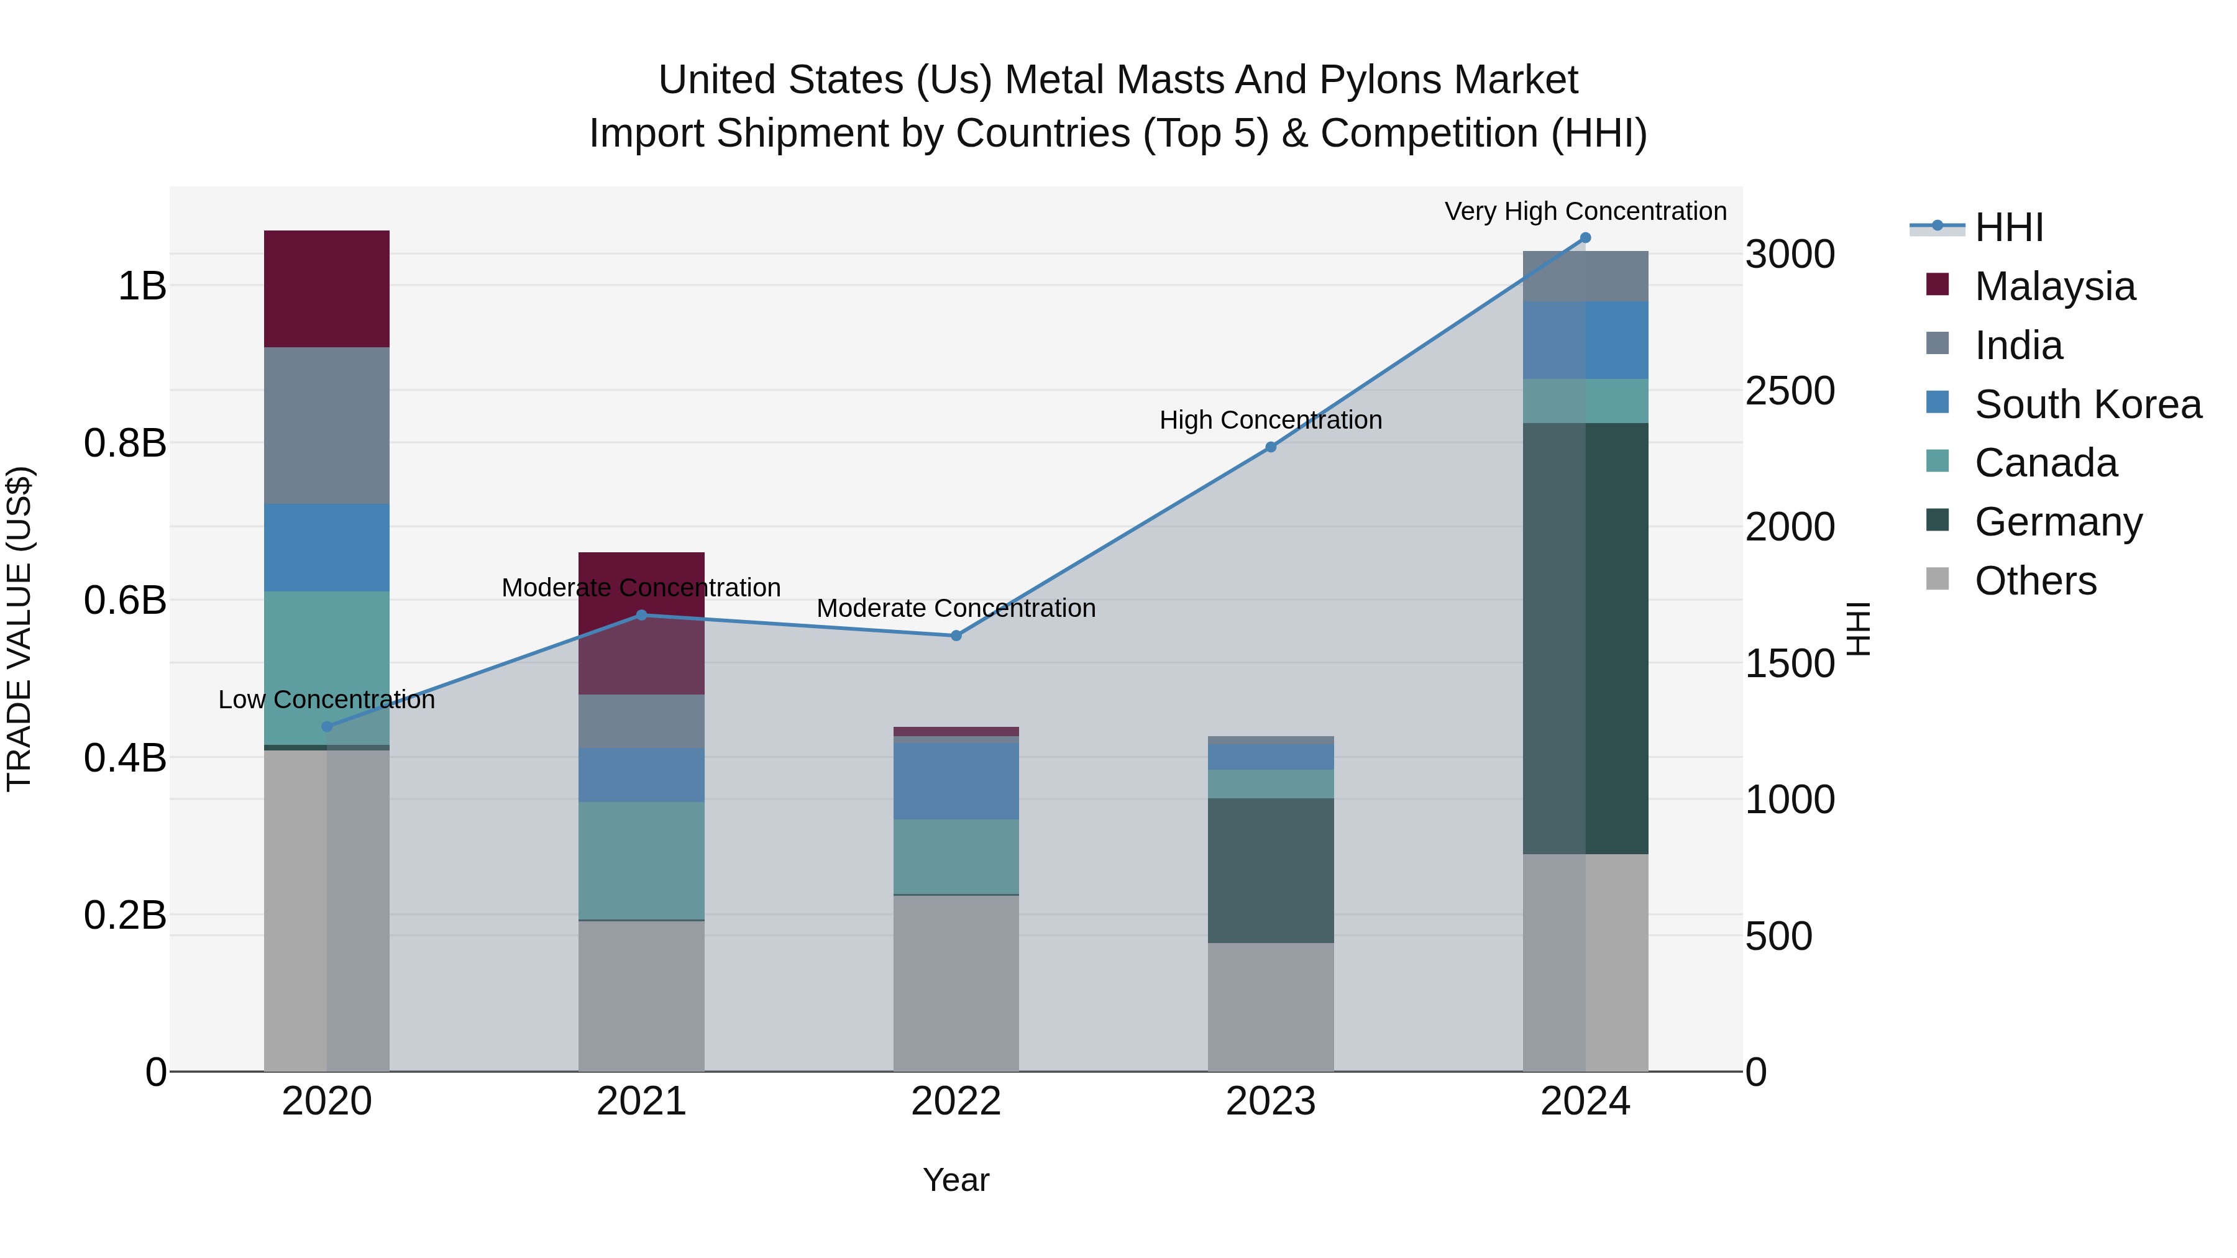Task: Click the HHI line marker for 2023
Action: click(x=1271, y=447)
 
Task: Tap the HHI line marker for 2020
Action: click(x=326, y=727)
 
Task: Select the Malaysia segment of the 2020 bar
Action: click(x=326, y=289)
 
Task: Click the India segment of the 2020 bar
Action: click(x=326, y=426)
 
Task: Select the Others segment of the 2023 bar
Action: click(x=1271, y=1007)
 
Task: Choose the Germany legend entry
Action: click(x=2057, y=522)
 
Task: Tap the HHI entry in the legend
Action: click(x=2008, y=229)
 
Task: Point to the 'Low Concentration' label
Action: click(x=326, y=700)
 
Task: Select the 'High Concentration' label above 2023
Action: click(x=1271, y=420)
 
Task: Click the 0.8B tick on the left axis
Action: click(x=125, y=443)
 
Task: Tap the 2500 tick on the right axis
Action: click(x=1790, y=391)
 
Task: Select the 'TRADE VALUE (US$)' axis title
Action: click(x=20, y=629)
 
